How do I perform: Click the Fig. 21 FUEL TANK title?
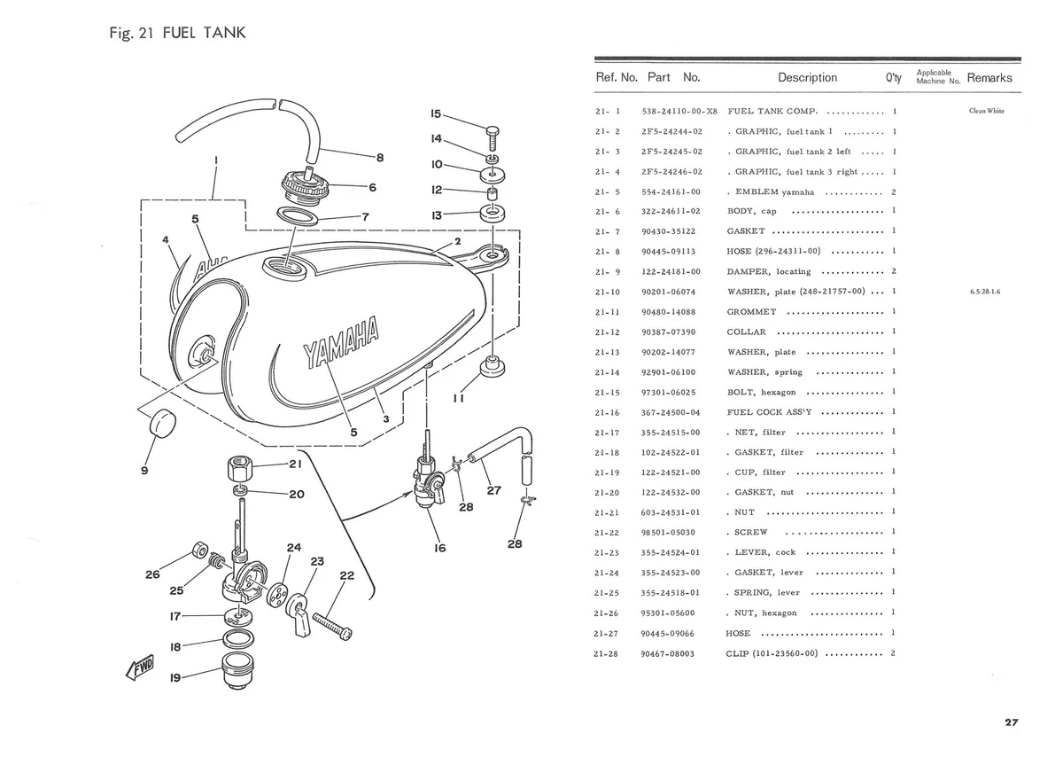coord(174,34)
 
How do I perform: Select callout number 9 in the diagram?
coord(144,471)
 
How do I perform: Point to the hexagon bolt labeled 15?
coord(493,137)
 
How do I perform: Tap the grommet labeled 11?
coord(491,368)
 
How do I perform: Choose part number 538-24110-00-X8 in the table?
coord(679,112)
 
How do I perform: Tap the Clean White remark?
coord(987,112)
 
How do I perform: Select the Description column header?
coord(807,78)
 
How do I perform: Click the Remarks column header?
coord(989,78)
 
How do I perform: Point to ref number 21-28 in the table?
coord(608,654)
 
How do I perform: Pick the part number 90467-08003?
coord(667,654)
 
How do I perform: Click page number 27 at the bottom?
coord(1011,722)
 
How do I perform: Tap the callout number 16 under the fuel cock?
coord(439,548)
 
